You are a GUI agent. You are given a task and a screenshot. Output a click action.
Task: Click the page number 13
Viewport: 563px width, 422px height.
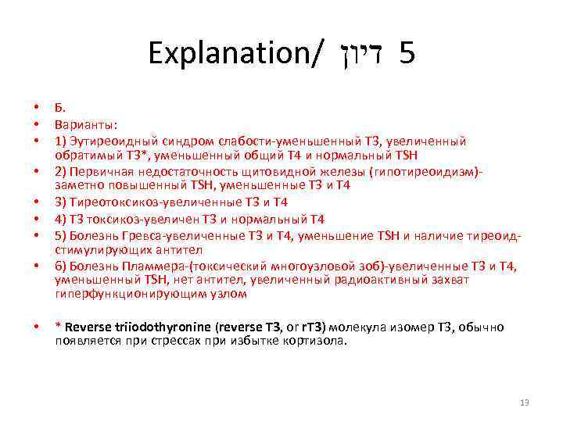coord(525,402)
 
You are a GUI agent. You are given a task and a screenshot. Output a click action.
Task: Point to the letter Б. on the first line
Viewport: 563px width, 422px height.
coord(59,108)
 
